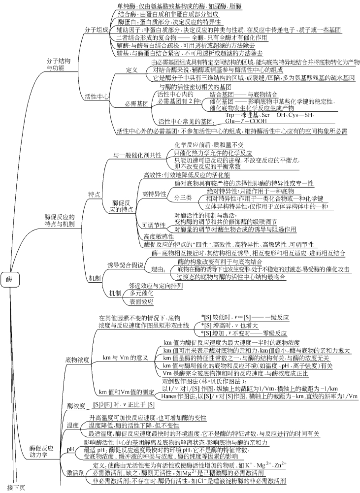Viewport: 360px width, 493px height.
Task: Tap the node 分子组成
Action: [x=97, y=30]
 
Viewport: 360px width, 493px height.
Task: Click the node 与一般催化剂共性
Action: [x=138, y=155]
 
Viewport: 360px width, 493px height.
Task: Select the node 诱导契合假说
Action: [x=126, y=265]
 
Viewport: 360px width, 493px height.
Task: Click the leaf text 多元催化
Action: [x=140, y=293]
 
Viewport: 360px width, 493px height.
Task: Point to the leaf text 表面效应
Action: [x=141, y=301]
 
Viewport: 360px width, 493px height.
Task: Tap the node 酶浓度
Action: [x=76, y=406]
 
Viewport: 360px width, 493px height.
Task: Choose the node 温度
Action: [x=72, y=425]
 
